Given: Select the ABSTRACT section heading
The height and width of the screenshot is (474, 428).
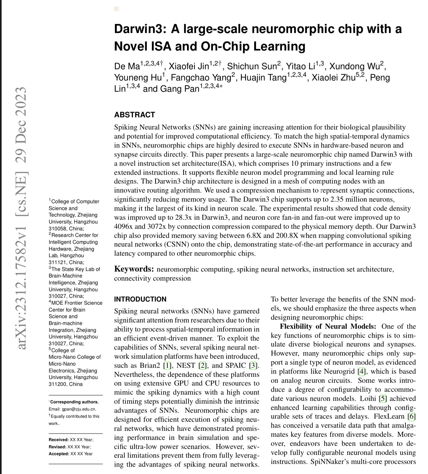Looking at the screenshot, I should click(x=134, y=115).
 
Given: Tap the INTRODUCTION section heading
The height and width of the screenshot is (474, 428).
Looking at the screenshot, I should click(x=140, y=299).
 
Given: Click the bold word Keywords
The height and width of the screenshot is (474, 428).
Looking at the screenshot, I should click(x=134, y=269).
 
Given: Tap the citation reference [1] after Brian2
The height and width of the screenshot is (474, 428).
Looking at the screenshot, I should click(x=168, y=365).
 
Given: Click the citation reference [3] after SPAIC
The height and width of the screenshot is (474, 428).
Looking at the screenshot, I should click(x=255, y=365).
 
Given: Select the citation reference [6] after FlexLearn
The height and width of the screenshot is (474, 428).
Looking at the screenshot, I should click(x=412, y=417).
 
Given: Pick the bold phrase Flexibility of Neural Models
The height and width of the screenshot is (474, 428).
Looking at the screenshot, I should click(x=328, y=327).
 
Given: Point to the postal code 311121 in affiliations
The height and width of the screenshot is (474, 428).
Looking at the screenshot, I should click(x=57, y=262).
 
